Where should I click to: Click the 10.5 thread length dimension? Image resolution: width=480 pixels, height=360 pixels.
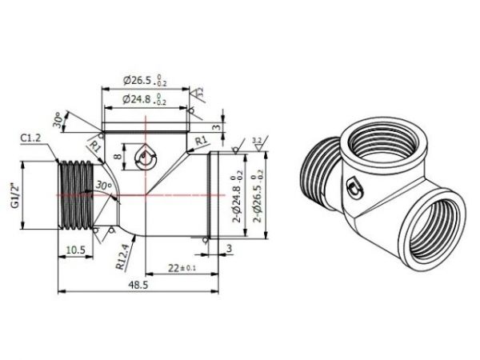[x=74, y=250]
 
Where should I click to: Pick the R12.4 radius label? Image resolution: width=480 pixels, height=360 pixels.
[x=118, y=255]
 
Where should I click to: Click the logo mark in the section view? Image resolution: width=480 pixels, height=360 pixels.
[x=145, y=158]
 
